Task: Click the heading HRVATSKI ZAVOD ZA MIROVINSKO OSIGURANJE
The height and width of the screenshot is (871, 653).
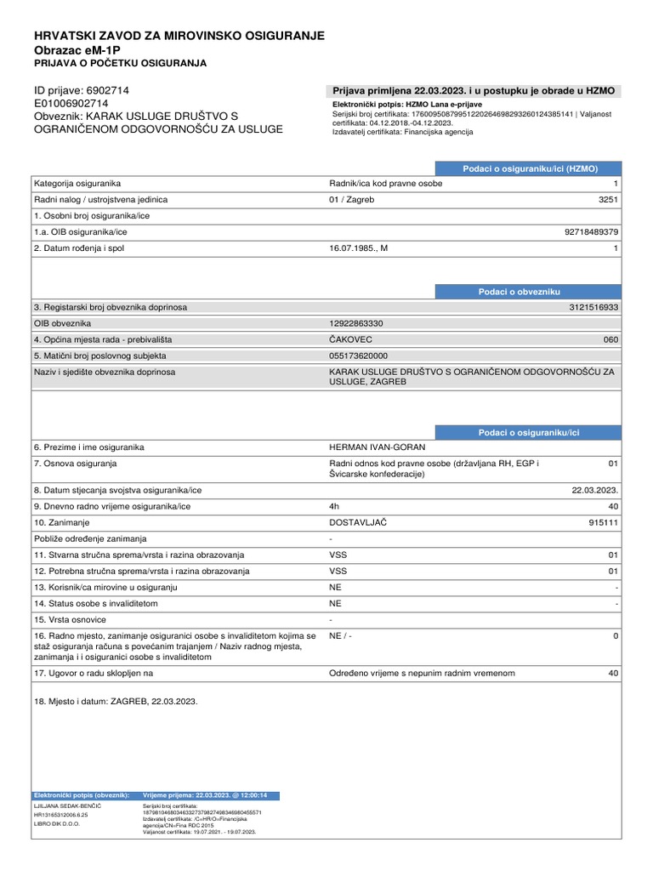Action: pos(179,35)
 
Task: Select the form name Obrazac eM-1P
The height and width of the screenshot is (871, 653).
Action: pos(77,50)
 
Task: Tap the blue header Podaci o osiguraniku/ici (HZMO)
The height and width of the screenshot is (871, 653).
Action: pos(530,169)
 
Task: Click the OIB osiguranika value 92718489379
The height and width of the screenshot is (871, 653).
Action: pos(591,231)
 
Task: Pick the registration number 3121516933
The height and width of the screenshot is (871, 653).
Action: pos(593,307)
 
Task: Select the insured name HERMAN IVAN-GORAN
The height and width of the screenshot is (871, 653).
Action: pos(377,447)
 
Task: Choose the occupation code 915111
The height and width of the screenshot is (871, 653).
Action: pos(603,522)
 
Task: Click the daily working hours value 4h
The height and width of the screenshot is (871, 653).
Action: pos(334,506)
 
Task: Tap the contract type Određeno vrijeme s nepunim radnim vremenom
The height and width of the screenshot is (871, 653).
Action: pos(422,673)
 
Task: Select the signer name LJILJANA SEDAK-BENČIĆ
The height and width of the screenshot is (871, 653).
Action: pos(66,805)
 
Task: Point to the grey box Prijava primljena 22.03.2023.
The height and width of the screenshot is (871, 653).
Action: pos(473,92)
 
